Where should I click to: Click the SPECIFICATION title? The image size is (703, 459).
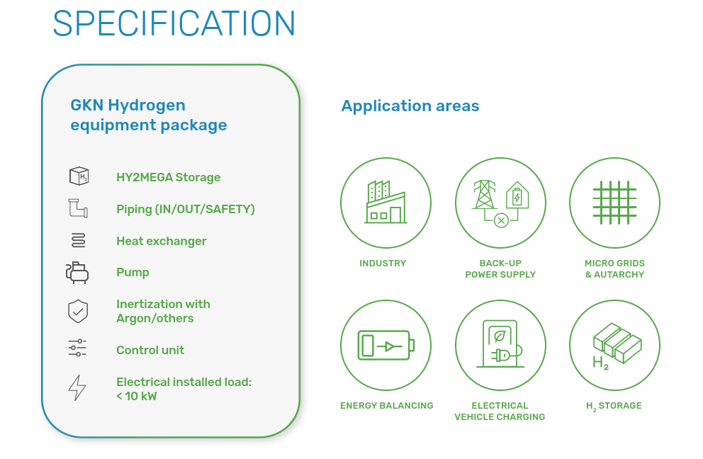174,23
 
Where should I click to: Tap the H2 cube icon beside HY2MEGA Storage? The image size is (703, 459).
79,176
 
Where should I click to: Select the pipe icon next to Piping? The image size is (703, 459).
78,208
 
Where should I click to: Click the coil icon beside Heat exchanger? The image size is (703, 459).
79,240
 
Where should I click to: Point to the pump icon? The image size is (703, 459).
77,273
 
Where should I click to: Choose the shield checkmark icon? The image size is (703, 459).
78,311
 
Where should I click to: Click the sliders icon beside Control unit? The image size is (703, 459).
77,348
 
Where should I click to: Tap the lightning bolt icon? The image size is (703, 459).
77,387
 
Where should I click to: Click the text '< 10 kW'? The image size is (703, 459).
137,396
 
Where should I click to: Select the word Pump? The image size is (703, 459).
133,273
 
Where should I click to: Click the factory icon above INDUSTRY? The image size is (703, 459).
386,202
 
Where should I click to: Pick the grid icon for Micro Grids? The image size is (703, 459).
614,203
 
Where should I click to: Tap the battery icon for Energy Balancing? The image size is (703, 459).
386,345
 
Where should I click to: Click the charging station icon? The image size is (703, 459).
500,344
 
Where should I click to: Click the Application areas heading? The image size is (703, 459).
410,106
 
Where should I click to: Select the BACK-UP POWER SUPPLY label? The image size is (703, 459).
500,269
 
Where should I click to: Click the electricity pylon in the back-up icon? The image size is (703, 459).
484,195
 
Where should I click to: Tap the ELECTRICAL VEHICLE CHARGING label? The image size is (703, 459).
500,412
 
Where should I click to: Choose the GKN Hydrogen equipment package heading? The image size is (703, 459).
149,115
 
